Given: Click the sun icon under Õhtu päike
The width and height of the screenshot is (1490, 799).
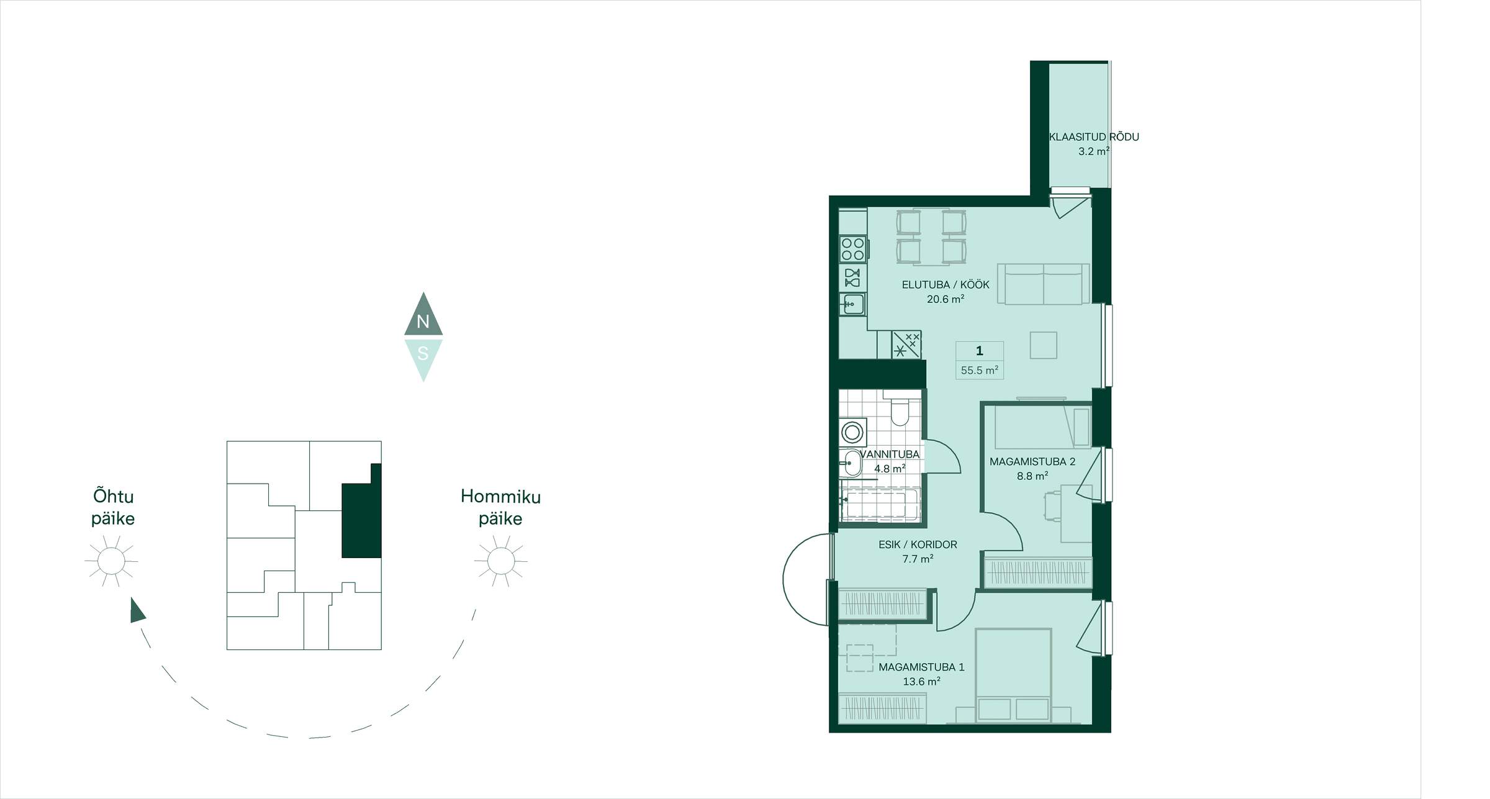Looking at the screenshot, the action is click(x=111, y=561).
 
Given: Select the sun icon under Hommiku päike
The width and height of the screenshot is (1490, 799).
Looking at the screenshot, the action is click(x=500, y=561).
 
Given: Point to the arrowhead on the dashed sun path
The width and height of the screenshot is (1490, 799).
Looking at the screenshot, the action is click(x=137, y=610).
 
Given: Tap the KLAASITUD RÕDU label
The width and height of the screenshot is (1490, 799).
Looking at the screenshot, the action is click(x=1094, y=137).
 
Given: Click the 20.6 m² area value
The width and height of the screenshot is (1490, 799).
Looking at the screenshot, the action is click(x=946, y=299).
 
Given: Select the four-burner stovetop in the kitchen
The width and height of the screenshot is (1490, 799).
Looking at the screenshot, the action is click(x=853, y=249).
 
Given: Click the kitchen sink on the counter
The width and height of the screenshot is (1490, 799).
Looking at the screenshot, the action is click(x=852, y=304).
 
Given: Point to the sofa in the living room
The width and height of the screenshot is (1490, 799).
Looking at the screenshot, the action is click(x=1043, y=284).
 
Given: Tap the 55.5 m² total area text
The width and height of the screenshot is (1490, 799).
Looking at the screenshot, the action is click(x=980, y=371).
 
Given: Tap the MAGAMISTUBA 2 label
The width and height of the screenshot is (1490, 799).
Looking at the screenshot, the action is click(x=1032, y=462).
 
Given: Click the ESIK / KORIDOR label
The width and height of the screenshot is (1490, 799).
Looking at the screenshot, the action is click(x=918, y=544).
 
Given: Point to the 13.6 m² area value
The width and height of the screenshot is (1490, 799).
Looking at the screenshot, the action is click(x=921, y=682).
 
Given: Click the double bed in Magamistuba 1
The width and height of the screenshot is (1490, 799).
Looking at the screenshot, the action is click(x=1013, y=675).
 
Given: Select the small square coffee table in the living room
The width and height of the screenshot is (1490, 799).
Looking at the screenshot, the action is click(x=1043, y=345).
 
